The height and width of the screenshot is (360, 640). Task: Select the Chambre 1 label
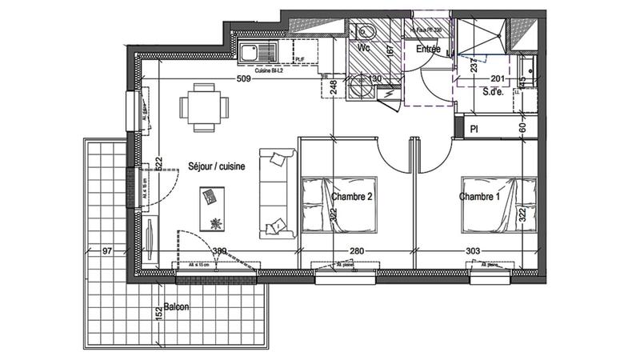(x=480, y=196)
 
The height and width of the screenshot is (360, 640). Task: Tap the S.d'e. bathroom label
(x=493, y=91)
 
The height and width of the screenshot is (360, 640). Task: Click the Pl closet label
(x=474, y=128)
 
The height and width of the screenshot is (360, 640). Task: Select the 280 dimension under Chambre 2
(x=357, y=252)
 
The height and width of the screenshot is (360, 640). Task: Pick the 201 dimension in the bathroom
(x=497, y=78)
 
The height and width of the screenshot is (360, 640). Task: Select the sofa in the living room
(x=276, y=193)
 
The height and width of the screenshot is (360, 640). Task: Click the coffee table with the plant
(x=214, y=208)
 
